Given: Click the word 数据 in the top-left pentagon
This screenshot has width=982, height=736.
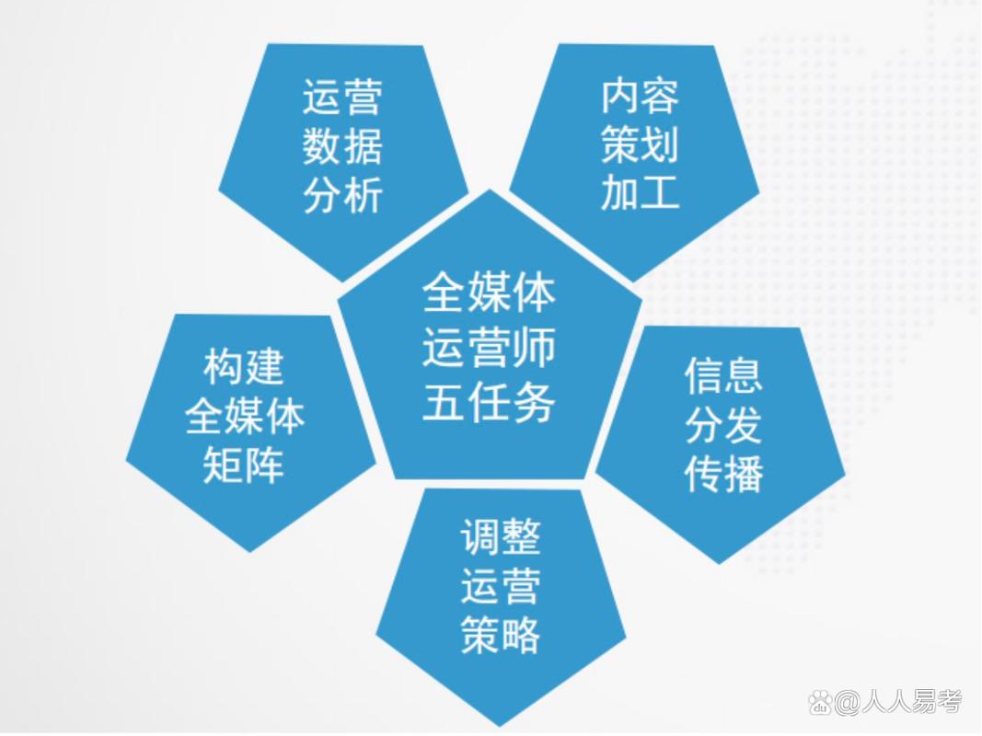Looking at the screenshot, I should (x=342, y=147).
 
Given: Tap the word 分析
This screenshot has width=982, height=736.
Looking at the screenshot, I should (x=342, y=197).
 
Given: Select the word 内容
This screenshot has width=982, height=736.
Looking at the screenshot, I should (x=640, y=96).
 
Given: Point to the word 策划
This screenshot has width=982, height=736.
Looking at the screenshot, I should (x=640, y=145).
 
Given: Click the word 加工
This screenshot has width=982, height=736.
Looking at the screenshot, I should (x=640, y=194).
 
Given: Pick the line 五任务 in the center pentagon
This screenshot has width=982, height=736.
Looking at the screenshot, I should (x=489, y=402).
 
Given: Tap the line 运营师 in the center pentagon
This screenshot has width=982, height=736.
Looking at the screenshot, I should (x=489, y=350).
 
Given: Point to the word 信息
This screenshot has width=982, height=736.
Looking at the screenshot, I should (x=723, y=375).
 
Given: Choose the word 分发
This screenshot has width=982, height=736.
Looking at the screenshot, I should (x=723, y=425).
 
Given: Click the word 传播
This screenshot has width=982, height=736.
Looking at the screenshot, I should (x=723, y=475).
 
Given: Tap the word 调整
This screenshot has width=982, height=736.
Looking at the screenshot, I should (x=501, y=536).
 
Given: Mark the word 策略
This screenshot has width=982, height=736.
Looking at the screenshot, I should (x=501, y=635).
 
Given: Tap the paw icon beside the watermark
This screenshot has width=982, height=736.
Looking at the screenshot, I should (x=820, y=704).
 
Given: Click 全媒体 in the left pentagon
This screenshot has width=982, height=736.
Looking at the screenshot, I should (x=244, y=417).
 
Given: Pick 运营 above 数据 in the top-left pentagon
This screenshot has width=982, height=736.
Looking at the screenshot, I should (x=342, y=98).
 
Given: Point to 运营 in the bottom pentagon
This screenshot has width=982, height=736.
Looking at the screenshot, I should (x=501, y=586).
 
